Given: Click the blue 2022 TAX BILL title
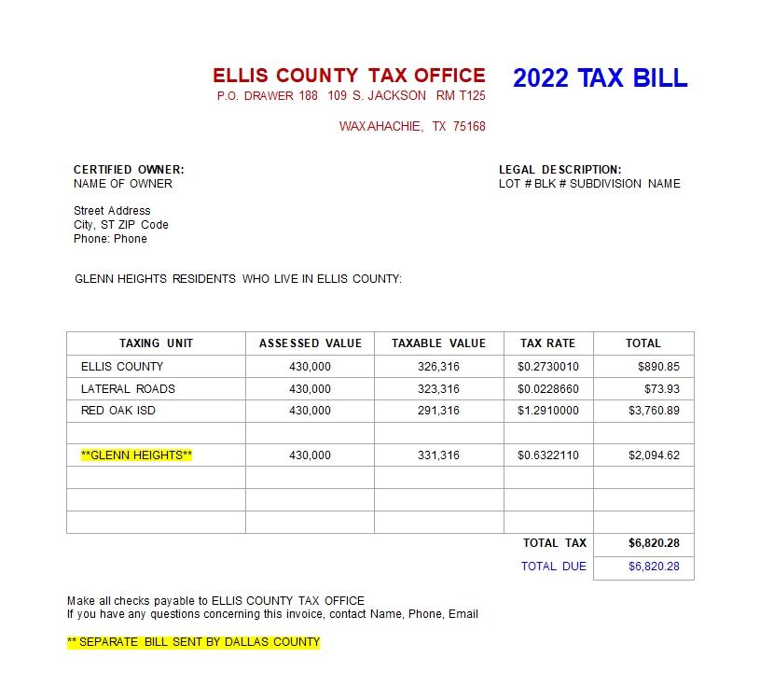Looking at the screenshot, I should (x=600, y=78).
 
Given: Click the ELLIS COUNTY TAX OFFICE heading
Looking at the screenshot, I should (x=349, y=76).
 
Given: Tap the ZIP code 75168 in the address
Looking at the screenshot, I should (x=469, y=126).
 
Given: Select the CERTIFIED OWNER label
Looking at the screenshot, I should (x=129, y=169).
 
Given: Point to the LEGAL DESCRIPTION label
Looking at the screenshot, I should (x=560, y=169).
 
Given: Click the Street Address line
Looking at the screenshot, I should (x=112, y=211).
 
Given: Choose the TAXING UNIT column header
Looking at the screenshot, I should (x=156, y=343).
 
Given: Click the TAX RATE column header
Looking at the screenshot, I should (x=548, y=343).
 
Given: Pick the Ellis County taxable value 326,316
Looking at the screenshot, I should (x=438, y=367).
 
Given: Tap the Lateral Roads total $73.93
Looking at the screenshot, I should (x=661, y=389).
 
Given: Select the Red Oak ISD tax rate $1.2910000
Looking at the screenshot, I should (x=548, y=411).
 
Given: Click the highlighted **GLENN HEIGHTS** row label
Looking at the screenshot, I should (x=136, y=455).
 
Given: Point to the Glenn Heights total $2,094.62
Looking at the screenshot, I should (x=654, y=455).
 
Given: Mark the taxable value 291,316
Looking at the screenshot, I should (x=438, y=411).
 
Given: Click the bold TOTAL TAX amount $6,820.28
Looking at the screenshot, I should (x=654, y=543).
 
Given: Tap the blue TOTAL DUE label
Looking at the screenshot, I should (x=554, y=567).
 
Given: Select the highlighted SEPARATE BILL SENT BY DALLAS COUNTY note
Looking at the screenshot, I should (x=193, y=642).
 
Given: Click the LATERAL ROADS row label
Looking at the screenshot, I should (x=128, y=389).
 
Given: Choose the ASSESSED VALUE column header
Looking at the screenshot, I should (x=310, y=343).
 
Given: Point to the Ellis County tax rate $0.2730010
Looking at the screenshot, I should (x=548, y=367).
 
